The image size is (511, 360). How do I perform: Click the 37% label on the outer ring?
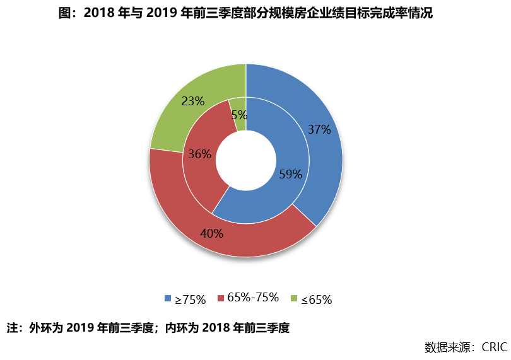(x=319, y=130)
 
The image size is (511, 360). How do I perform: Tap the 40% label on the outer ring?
(x=212, y=233)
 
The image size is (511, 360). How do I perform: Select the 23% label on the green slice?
(x=192, y=101)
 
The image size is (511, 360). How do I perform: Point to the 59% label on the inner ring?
(x=291, y=175)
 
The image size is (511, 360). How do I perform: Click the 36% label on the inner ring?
(x=199, y=154)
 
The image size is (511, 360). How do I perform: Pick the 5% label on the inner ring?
(x=239, y=115)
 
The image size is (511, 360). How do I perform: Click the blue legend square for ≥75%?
(x=167, y=299)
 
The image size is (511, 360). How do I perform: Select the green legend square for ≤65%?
(x=294, y=299)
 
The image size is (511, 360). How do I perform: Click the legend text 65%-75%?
(x=253, y=298)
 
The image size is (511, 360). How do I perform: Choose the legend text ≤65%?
(x=316, y=299)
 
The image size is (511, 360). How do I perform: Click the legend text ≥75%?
(x=191, y=299)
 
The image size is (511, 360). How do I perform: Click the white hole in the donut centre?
(x=246, y=160)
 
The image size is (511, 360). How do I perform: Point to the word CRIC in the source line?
(x=495, y=347)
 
